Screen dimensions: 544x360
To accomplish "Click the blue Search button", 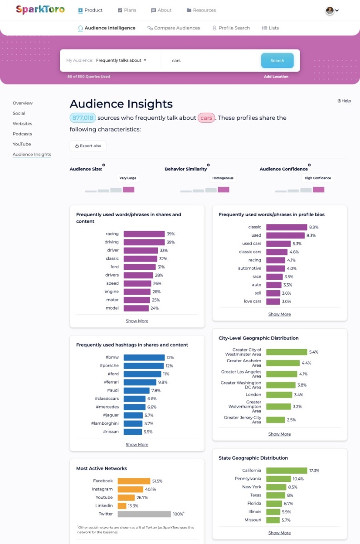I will pos(277,60).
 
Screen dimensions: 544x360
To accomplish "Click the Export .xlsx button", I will pos(88,146).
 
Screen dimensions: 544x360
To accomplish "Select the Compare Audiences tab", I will pos(174,28).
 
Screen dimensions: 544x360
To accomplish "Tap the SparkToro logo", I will pos(40,10).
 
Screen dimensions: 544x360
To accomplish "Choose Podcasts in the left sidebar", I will pos(22,134).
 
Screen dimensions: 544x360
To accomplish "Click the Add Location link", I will pos(276,77).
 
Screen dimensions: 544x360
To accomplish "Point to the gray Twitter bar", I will pos(144,514).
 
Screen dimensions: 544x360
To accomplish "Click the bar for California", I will pos(287,471).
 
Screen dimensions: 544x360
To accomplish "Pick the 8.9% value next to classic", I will pos(314,227).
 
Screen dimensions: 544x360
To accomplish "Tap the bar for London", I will pos(278,395).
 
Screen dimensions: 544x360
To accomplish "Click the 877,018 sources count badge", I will pos(83,118).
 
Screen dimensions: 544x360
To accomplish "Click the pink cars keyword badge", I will pos(206,118).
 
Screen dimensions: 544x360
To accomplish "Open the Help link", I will pos(344,101).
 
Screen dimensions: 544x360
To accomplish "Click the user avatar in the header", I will pos(330,10).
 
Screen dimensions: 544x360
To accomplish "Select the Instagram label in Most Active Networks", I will pos(102,489).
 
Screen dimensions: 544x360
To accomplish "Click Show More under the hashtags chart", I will pos(137,445).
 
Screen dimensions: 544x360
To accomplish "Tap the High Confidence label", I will pos(318,178).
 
